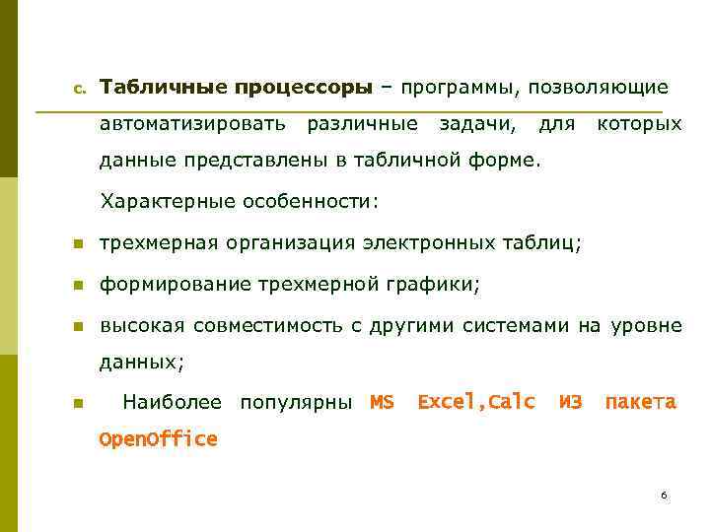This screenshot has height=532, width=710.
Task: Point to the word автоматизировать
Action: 193,125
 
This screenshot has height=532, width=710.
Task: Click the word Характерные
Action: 163,202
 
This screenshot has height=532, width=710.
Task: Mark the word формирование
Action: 176,285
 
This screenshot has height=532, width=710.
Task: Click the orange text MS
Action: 382,402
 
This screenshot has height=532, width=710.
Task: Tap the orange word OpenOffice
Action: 158,439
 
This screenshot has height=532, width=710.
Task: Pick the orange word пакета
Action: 640,402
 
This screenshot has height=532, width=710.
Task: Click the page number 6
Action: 665,495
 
